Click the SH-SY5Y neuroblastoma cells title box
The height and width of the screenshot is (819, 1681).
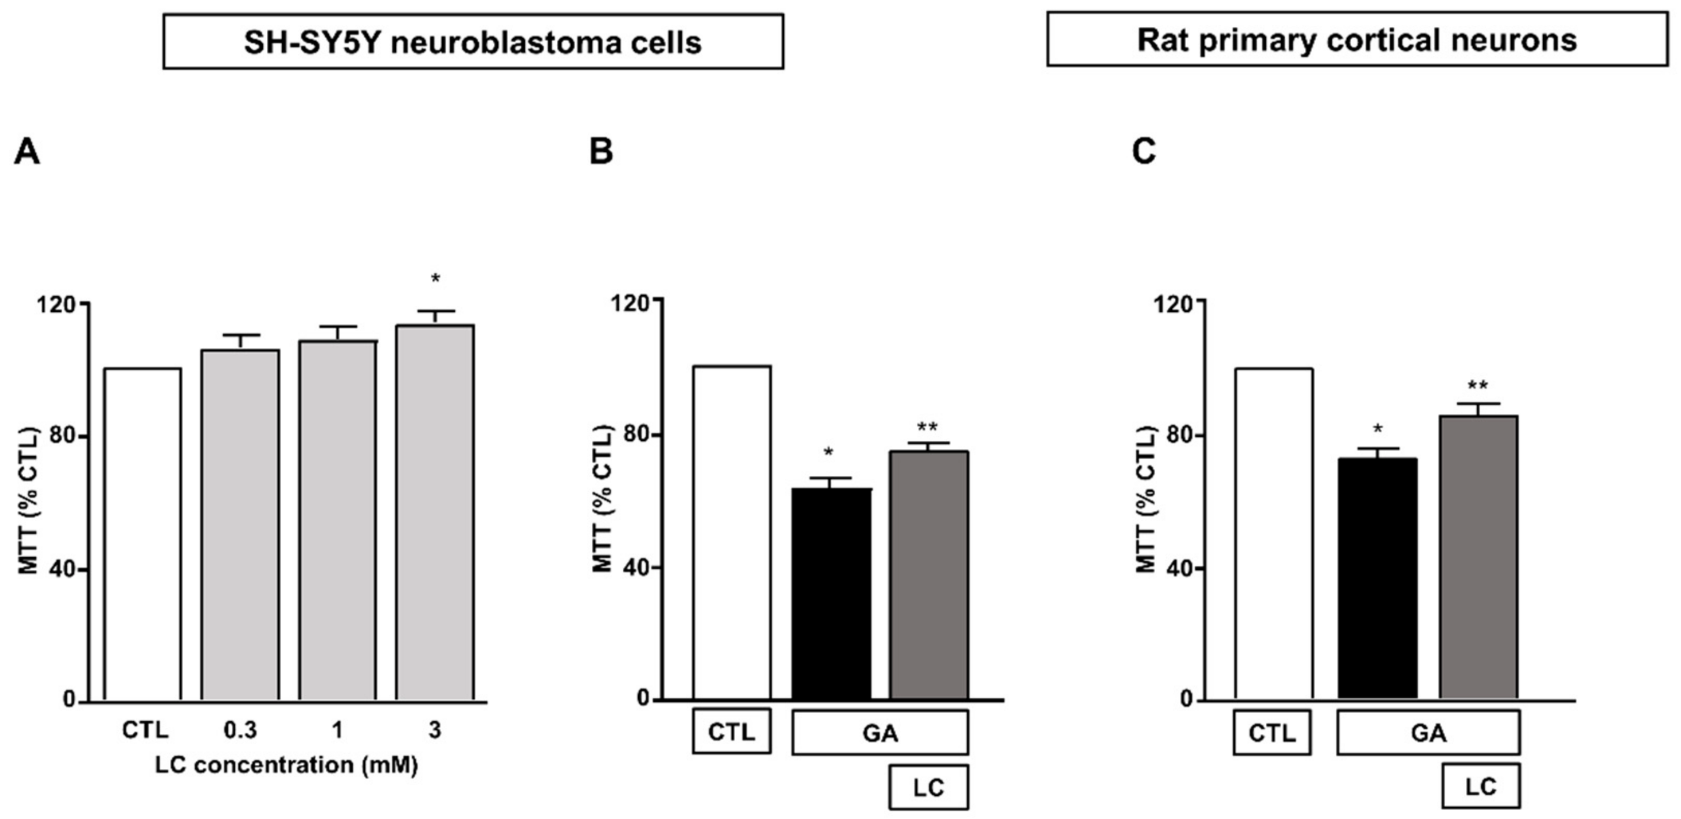pyautogui.click(x=473, y=42)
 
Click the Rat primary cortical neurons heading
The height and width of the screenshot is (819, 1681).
pyautogui.click(x=1357, y=40)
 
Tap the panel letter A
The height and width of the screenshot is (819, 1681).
pyautogui.click(x=27, y=153)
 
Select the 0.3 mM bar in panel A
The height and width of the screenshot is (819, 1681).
pyautogui.click(x=240, y=525)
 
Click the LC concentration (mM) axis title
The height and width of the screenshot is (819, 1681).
pyautogui.click(x=286, y=765)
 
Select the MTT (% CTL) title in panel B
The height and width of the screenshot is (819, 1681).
pyautogui.click(x=603, y=499)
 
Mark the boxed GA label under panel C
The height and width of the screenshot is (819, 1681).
pyautogui.click(x=1429, y=733)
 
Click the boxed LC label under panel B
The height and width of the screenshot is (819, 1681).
pyautogui.click(x=929, y=787)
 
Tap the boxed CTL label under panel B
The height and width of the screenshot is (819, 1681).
pyautogui.click(x=732, y=732)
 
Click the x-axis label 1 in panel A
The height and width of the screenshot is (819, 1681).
pyautogui.click(x=337, y=730)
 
